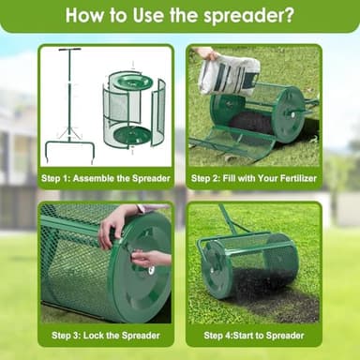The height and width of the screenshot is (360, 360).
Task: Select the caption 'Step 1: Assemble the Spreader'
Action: tap(105, 176)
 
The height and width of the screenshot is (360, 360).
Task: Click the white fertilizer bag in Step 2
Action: tap(229, 73)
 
